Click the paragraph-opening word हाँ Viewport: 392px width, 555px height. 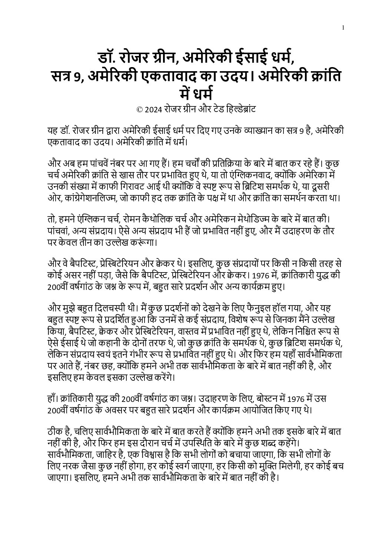pyautogui.click(x=53, y=399)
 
